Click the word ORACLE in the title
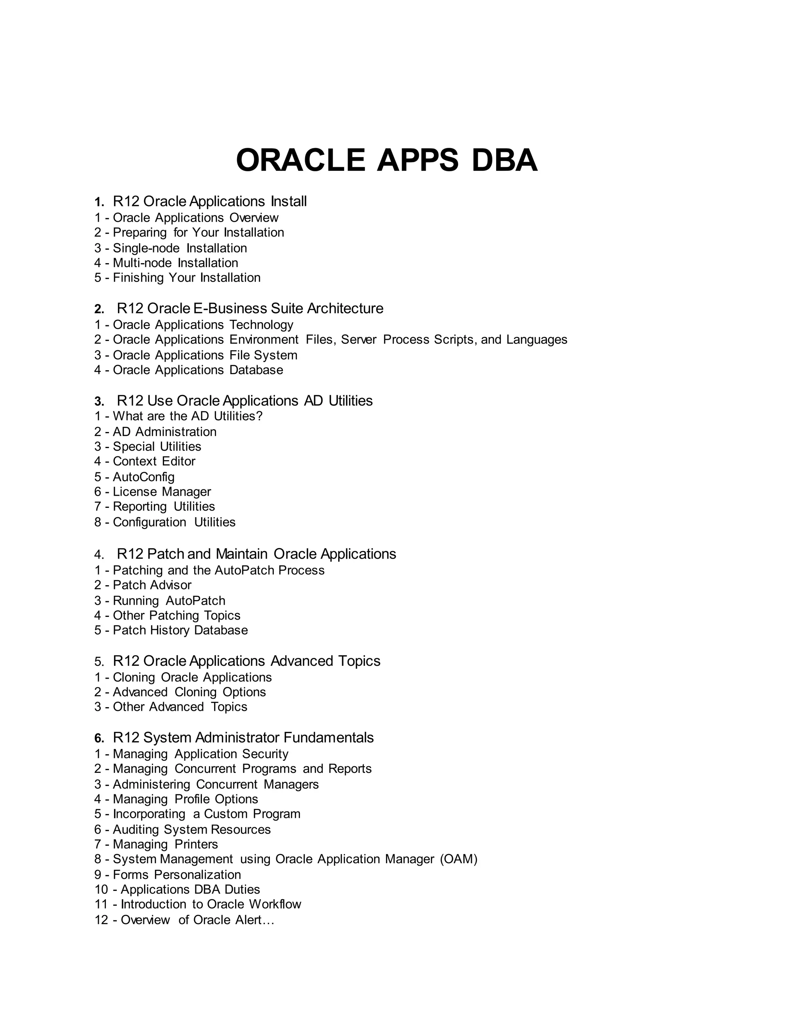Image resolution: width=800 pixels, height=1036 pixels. pyautogui.click(x=300, y=160)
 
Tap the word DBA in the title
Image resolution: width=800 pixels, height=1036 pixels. pyautogui.click(x=504, y=160)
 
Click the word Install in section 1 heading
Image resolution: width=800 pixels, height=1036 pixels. pyautogui.click(x=289, y=202)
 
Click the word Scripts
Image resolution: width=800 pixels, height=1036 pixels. pyautogui.click(x=455, y=340)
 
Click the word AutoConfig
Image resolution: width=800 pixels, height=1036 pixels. pyautogui.click(x=144, y=477)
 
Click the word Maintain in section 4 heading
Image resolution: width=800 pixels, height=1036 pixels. pyautogui.click(x=242, y=554)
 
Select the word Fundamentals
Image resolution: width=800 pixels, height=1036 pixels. pyautogui.click(x=329, y=738)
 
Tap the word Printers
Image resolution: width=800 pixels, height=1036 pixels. pyautogui.click(x=196, y=844)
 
